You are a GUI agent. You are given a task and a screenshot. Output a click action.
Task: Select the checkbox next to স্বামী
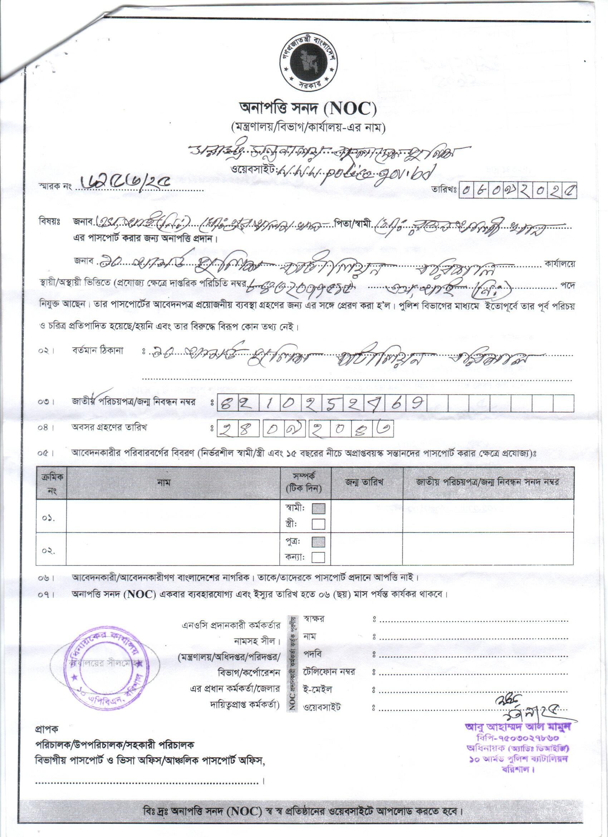318,509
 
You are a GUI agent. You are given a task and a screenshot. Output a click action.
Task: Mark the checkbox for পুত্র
318,542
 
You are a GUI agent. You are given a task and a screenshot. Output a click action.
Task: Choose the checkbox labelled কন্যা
318,557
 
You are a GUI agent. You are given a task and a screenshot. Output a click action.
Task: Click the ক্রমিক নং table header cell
51,482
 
